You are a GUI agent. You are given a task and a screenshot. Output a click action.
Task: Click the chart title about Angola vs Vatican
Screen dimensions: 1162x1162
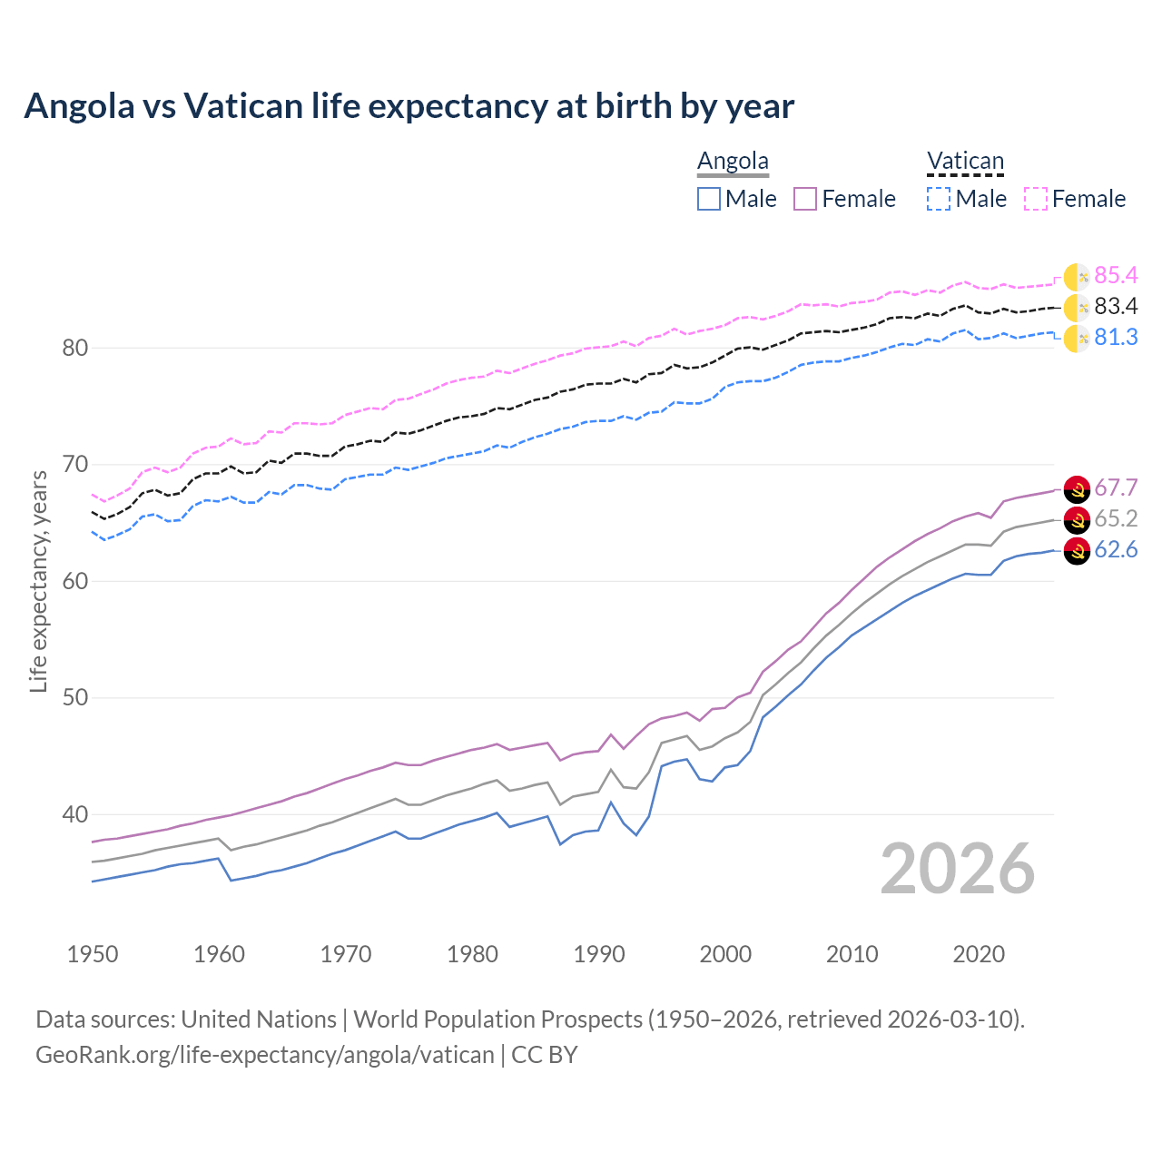tap(409, 106)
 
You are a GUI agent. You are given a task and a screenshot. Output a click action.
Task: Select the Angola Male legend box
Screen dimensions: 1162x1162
tap(709, 199)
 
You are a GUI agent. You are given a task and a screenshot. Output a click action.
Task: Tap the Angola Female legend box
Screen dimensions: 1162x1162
tap(805, 199)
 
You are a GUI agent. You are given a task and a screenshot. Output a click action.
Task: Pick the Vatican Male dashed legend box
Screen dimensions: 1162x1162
tap(939, 199)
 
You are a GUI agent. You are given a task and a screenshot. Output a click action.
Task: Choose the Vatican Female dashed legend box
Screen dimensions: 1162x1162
tap(1036, 199)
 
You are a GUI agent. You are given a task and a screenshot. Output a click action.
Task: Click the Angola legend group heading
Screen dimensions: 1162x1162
tap(733, 161)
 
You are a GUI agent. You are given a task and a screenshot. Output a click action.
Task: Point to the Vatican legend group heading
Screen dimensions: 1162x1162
tap(965, 161)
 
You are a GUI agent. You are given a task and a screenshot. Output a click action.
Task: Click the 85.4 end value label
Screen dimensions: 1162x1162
tap(1116, 276)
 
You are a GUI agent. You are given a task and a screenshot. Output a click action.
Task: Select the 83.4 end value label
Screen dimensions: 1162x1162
tap(1116, 307)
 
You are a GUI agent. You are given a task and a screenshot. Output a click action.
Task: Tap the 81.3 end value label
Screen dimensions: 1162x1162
tap(1116, 338)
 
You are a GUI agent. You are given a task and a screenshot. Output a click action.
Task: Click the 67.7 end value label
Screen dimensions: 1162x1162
tap(1116, 488)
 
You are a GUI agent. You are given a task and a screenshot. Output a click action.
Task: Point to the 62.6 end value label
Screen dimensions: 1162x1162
tap(1116, 550)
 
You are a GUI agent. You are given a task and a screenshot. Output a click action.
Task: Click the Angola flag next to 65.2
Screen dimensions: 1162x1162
tap(1077, 520)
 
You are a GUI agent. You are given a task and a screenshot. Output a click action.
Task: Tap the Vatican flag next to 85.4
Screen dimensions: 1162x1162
tap(1077, 277)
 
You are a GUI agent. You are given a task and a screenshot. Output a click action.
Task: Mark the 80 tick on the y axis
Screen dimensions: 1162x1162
tap(75, 348)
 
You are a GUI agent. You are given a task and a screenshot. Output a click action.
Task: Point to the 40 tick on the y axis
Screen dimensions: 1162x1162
tap(75, 814)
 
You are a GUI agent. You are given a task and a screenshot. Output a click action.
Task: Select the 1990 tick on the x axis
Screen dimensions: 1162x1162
tap(599, 954)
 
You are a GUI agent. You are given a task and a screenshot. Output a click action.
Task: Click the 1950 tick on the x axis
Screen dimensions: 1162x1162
tap(93, 954)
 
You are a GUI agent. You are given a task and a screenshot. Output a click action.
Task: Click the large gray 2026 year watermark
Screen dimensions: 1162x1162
tap(958, 869)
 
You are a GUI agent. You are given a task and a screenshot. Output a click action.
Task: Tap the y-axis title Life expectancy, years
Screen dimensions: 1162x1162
tap(39, 581)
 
